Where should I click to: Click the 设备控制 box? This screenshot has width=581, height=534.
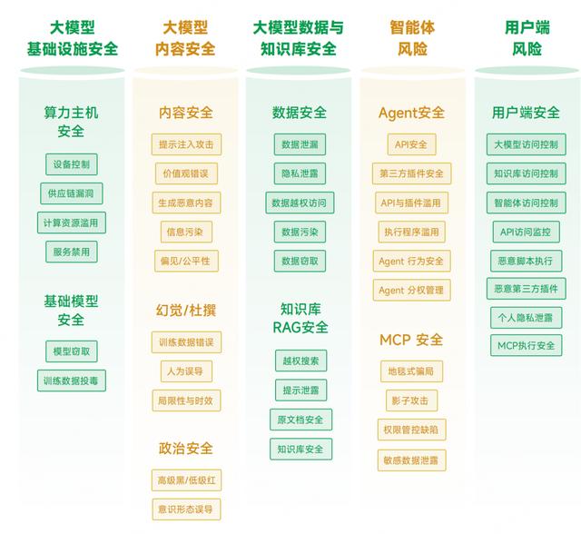[x=72, y=164]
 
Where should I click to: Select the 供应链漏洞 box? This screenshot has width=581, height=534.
[x=72, y=193]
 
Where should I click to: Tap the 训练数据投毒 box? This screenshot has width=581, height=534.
[x=72, y=381]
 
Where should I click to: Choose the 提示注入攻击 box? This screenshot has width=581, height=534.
[x=186, y=144]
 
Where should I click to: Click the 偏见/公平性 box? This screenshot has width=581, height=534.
[x=186, y=261]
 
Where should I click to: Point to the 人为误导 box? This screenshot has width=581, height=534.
[x=186, y=371]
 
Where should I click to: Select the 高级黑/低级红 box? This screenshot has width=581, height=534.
[x=186, y=480]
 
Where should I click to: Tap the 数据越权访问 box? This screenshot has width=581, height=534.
[x=300, y=203]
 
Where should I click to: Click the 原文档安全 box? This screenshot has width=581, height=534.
[x=300, y=420]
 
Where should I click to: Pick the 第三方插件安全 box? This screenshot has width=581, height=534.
[x=411, y=173]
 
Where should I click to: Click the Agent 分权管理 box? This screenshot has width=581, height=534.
[x=411, y=291]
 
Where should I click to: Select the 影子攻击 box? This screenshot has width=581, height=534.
[x=411, y=400]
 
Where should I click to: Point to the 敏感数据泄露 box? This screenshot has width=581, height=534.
[x=411, y=460]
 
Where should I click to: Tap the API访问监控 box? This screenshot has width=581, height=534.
[x=527, y=232]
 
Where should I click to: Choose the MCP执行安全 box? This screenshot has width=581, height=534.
[x=527, y=345]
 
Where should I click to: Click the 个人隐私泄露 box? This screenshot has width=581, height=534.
[x=527, y=318]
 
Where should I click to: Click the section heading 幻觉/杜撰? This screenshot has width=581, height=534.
[x=186, y=311]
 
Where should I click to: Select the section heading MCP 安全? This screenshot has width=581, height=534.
[x=411, y=340]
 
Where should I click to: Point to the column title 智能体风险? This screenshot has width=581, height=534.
[x=412, y=38]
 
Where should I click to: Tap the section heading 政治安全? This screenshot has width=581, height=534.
[x=186, y=449]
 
